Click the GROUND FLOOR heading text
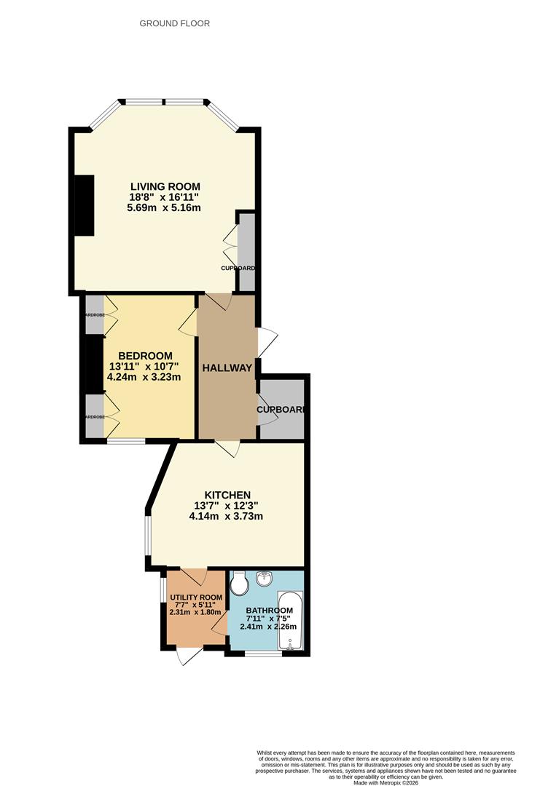tap(175, 23)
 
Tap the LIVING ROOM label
tap(165, 186)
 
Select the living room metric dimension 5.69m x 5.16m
tap(163, 208)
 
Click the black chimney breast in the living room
tap(86, 205)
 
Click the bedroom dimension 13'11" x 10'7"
tap(144, 367)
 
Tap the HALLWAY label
tap(227, 368)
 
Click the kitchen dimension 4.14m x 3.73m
tap(226, 517)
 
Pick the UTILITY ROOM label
tap(195, 598)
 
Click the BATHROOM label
tap(269, 611)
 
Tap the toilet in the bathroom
tap(240, 582)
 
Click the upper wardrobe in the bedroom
tap(95, 314)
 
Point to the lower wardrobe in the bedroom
tap(95, 416)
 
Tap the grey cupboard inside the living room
tap(246, 251)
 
